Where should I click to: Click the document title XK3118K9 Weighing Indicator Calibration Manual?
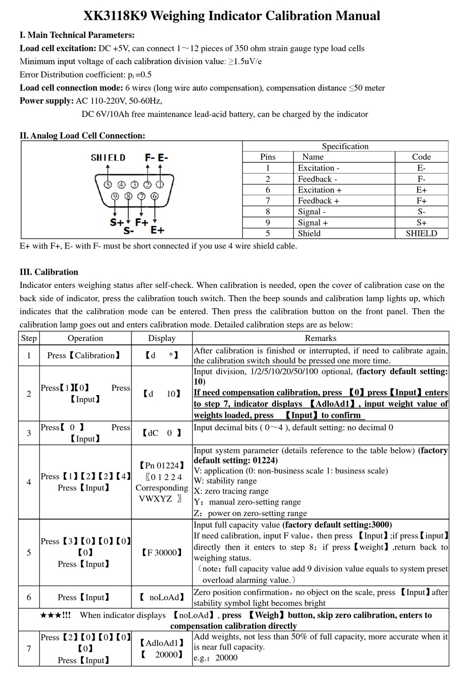click(232, 16)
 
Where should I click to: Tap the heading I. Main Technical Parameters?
click(77, 35)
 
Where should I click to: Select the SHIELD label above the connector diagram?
click(108, 157)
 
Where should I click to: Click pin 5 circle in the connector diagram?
click(108, 185)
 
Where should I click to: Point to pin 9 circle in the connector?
click(115, 196)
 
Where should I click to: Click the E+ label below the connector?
click(157, 230)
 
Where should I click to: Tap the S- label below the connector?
click(129, 230)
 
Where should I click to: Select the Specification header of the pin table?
click(345, 146)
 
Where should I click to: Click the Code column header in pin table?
click(421, 157)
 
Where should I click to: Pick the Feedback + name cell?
click(318, 201)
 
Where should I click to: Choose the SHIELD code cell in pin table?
click(421, 234)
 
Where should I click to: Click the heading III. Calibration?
click(49, 272)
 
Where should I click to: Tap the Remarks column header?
click(320, 338)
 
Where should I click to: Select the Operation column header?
click(85, 338)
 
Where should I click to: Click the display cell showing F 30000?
click(162, 553)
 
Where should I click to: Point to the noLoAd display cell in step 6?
click(162, 597)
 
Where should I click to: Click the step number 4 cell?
click(29, 482)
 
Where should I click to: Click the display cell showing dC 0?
click(162, 433)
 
